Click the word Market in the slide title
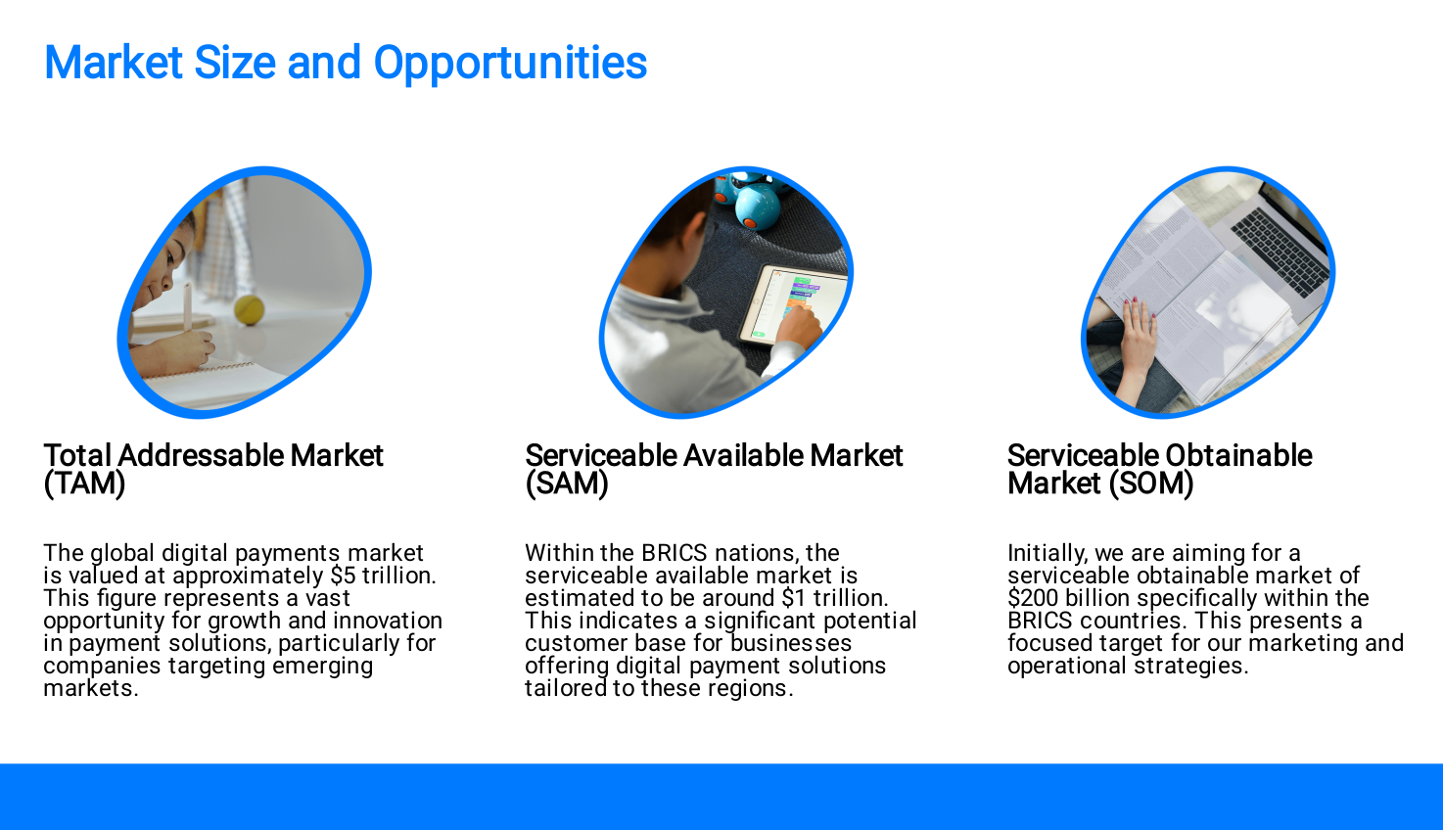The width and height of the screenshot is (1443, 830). click(x=114, y=63)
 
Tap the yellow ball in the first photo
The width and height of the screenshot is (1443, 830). click(x=250, y=309)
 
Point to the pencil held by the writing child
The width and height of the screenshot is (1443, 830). click(x=188, y=307)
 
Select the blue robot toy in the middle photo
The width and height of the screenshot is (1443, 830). click(x=755, y=203)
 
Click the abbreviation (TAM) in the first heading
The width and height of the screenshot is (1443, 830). click(x=84, y=484)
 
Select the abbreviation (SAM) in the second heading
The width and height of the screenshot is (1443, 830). click(x=567, y=484)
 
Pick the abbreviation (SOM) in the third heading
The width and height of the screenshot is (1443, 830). click(x=1151, y=484)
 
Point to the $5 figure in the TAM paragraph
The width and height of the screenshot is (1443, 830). click(x=344, y=575)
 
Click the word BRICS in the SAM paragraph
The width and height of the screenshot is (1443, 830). click(x=674, y=552)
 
